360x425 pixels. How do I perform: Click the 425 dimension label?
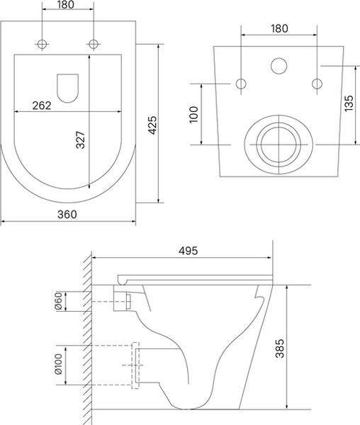pyautogui.click(x=152, y=125)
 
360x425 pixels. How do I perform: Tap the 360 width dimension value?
pyautogui.click(x=67, y=215)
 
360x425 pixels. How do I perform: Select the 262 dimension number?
pyautogui.click(x=42, y=106)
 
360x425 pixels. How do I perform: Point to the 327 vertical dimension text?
pyautogui.click(x=80, y=140)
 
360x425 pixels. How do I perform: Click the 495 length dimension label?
pyautogui.click(x=188, y=251)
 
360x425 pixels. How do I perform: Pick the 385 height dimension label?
pyautogui.click(x=279, y=348)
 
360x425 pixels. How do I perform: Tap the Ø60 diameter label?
pyautogui.click(x=59, y=301)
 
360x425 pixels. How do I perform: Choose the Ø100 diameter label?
pyautogui.click(x=59, y=364)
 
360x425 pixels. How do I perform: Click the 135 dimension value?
pyautogui.click(x=349, y=103)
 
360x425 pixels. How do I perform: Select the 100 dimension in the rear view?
pyautogui.click(x=194, y=115)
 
